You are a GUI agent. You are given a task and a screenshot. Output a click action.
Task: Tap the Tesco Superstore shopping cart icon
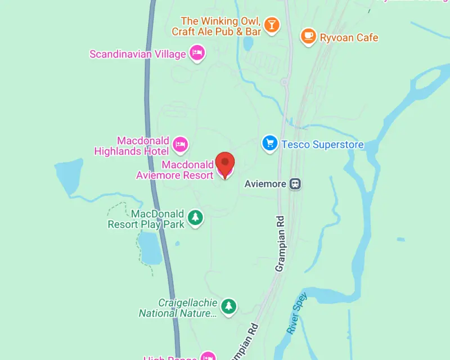(270, 143)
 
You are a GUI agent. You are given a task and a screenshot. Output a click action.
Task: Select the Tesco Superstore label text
(322, 145)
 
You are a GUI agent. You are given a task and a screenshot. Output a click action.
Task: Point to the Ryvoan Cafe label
(349, 38)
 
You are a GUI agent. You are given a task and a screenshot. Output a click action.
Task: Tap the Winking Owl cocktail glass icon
(272, 24)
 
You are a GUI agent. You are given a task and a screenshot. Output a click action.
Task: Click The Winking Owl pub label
(217, 26)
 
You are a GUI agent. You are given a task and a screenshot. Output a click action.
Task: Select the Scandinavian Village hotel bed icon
(197, 53)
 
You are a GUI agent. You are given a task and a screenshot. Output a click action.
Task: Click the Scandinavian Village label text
(138, 54)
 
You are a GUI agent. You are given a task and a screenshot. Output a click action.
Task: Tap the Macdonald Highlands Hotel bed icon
(180, 145)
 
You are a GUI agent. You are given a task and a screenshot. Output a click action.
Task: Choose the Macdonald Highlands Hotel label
(132, 146)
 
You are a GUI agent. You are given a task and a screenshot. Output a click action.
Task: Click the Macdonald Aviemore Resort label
(175, 170)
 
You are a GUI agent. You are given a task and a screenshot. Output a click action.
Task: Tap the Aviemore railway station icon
(295, 184)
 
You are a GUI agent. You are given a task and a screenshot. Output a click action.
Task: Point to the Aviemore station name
(265, 184)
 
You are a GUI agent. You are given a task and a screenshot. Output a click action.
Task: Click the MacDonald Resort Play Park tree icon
(195, 217)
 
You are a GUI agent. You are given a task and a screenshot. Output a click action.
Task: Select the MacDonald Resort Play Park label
(146, 219)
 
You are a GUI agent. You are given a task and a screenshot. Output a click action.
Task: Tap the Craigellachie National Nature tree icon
(228, 306)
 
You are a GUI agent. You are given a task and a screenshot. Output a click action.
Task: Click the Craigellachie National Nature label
(178, 308)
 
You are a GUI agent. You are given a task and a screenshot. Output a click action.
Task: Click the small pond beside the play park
(151, 247)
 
